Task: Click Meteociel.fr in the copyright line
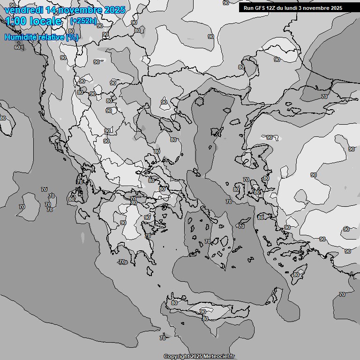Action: coord(218,356)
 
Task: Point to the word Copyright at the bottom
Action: coord(177,356)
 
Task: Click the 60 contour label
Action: coord(17,47)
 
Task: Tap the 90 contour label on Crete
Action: coord(203,311)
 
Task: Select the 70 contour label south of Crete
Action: coord(163,337)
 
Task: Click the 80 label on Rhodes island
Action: coord(296,275)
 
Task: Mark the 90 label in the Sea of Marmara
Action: coord(270,137)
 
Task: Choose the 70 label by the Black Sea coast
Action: coord(324,97)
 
